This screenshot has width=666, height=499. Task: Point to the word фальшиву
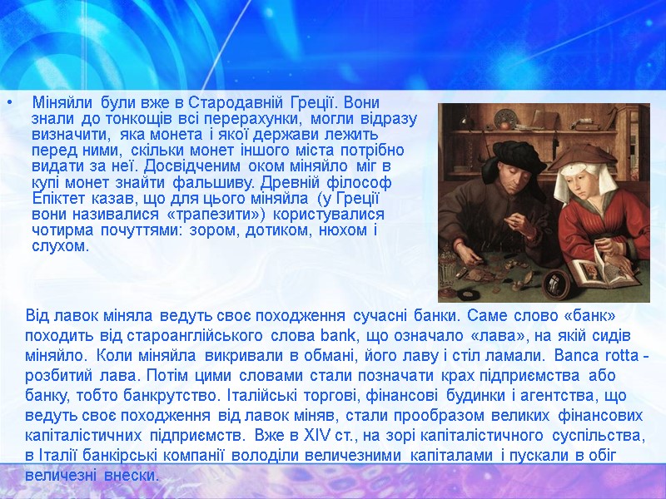tap(225, 181)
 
